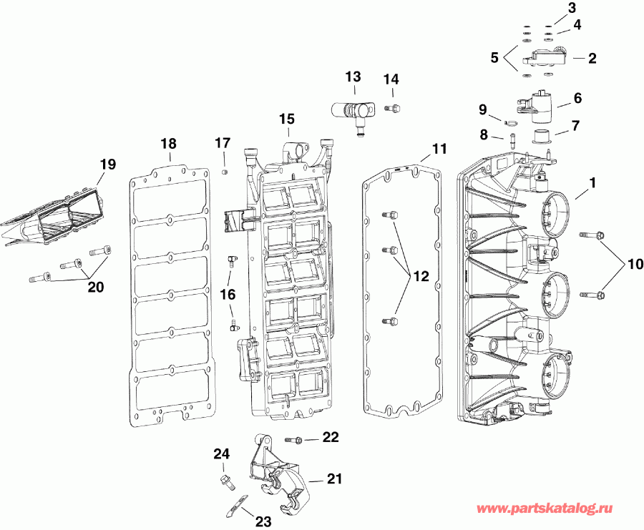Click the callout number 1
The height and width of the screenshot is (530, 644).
coord(592,184)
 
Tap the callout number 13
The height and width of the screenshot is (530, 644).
coord(353,77)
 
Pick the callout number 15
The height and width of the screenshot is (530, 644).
coord(286,118)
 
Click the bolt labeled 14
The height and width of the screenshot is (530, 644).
coord(392,109)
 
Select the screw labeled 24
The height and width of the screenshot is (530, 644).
coord(224,480)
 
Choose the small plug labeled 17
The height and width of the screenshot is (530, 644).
coord(223,172)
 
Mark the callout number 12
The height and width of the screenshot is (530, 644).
coord(421,275)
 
